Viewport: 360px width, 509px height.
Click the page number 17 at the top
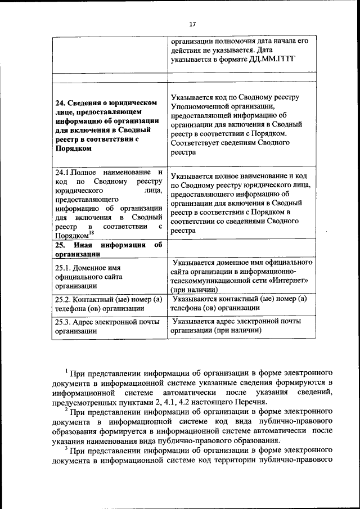pyautogui.click(x=192, y=24)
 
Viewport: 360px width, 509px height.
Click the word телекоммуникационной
pyautogui.click(x=210, y=280)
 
